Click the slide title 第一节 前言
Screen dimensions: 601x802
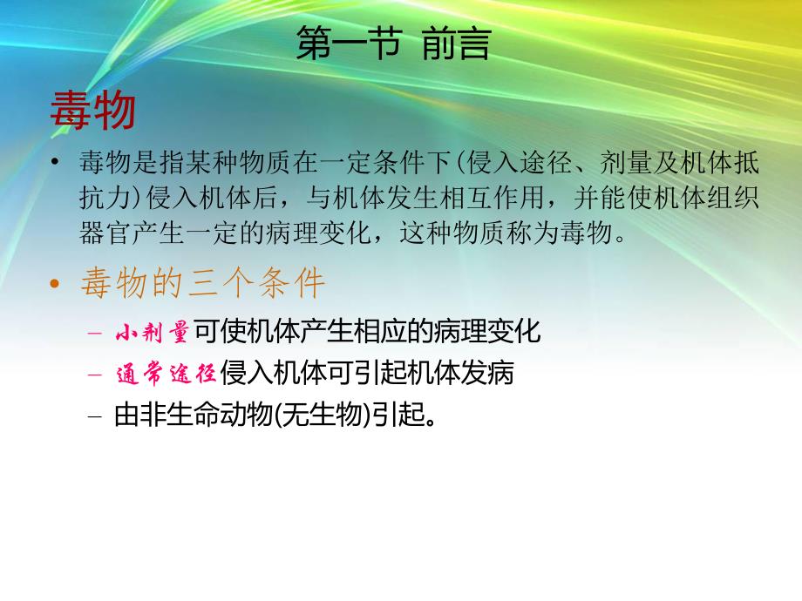click(393, 44)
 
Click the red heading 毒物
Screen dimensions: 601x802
click(92, 111)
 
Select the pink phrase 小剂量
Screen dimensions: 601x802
click(153, 332)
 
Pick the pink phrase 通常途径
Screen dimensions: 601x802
click(166, 374)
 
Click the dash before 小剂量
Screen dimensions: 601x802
click(94, 333)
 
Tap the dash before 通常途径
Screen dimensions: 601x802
click(94, 375)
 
